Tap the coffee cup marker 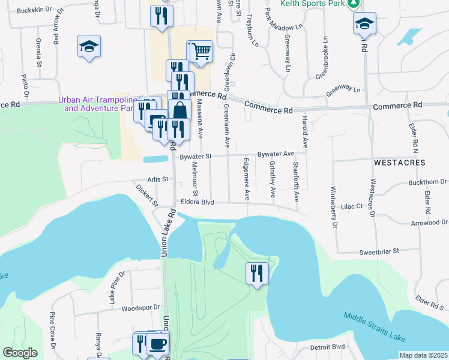coord(158,344)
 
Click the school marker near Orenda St coord(89,46)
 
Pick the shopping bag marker coord(179,110)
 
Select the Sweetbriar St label coord(379,252)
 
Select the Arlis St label coord(155,179)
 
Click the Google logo coord(20,353)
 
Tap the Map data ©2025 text coord(423,355)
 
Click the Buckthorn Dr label coord(427,181)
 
